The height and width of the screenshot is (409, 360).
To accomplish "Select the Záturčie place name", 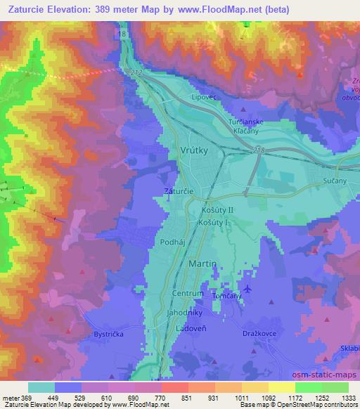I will click(177, 190).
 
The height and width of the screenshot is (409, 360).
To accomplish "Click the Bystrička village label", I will click(109, 335).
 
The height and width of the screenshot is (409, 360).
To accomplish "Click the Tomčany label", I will click(227, 296).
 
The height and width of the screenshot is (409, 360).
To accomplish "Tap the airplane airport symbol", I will click(246, 289).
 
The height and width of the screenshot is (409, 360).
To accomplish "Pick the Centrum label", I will click(188, 293).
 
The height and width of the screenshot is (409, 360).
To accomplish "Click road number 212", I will click(136, 72).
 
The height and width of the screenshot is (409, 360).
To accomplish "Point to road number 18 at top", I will click(123, 33).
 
